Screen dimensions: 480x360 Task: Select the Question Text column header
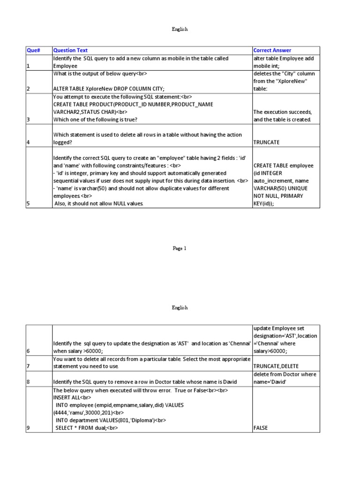[71, 50]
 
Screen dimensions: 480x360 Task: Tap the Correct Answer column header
[272, 50]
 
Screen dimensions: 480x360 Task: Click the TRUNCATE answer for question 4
[267, 142]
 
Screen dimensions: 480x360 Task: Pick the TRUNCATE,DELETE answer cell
[276, 366]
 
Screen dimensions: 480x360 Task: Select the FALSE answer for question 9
[261, 428]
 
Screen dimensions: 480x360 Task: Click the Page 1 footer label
[180, 249]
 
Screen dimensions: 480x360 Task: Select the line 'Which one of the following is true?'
[95, 120]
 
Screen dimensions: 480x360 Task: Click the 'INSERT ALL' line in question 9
[67, 397]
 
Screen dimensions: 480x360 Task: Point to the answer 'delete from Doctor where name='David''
[285, 378]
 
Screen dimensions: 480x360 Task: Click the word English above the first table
[180, 29]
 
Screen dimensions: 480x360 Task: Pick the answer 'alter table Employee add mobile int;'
[284, 62]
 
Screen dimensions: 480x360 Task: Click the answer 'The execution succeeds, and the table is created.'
[282, 116]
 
